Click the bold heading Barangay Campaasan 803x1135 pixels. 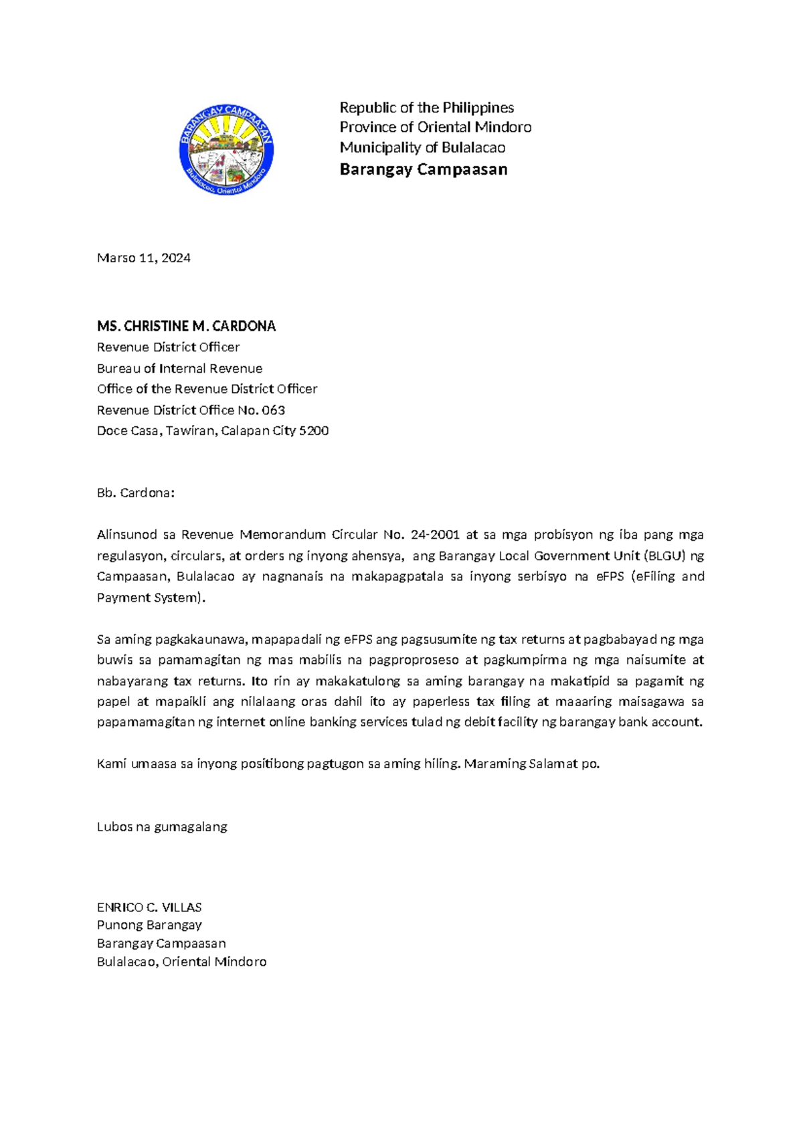(x=423, y=169)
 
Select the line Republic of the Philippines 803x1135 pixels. (x=426, y=108)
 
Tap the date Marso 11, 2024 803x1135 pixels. (x=143, y=258)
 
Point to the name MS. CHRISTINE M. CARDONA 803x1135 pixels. (x=186, y=327)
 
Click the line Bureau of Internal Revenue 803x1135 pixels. (x=179, y=368)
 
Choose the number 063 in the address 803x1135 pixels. (x=273, y=410)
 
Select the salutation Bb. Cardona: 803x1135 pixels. (x=135, y=493)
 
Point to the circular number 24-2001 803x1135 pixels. (x=435, y=535)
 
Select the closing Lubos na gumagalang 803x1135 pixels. (x=162, y=826)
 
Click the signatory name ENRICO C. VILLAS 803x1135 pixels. (x=149, y=907)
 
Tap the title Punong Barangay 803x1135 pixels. (x=149, y=926)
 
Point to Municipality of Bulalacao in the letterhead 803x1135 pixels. (x=422, y=148)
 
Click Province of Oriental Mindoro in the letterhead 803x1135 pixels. (x=435, y=127)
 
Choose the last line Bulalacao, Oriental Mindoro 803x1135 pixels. (x=181, y=962)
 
